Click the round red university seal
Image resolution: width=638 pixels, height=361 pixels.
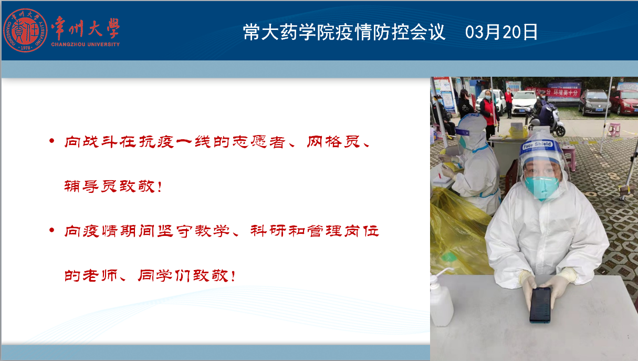[25, 30]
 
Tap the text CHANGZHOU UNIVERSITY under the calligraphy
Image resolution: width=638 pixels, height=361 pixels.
[86, 45]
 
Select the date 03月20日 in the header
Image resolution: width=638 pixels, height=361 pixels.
[501, 32]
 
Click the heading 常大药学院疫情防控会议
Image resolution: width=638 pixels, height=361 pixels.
[344, 32]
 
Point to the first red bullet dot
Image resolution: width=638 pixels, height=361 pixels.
[51, 140]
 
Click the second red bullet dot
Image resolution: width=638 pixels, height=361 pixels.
[51, 230]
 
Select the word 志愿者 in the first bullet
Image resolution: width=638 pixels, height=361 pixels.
[259, 142]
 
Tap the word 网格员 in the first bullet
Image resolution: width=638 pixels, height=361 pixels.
[333, 142]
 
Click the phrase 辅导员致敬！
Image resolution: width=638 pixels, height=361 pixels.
[113, 187]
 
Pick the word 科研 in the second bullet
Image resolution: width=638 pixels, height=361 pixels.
[268, 231]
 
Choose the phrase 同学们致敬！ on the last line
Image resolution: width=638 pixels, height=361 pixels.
[187, 275]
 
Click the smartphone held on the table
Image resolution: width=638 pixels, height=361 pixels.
[540, 305]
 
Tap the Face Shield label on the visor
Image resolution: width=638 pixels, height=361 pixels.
[537, 145]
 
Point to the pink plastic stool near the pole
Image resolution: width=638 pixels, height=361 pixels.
[614, 130]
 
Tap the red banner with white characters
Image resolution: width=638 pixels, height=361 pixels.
[552, 92]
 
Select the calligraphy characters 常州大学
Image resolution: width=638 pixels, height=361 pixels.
[86, 28]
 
